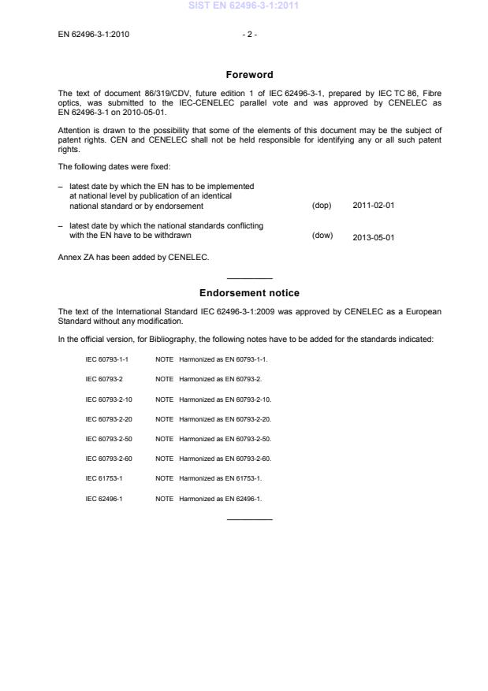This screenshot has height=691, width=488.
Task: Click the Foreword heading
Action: click(249, 75)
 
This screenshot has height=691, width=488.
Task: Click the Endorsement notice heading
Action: click(249, 293)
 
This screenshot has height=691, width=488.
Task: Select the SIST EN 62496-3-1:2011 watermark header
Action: click(244, 7)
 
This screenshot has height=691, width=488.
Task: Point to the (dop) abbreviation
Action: click(322, 206)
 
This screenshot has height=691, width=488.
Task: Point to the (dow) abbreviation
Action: click(322, 235)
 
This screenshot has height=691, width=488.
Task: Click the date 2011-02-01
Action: click(373, 206)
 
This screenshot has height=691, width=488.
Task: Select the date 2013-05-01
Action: click(373, 236)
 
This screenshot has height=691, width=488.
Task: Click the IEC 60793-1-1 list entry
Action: click(106, 359)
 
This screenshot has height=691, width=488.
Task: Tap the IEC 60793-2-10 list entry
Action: click(109, 399)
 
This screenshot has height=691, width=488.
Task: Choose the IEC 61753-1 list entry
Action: click(104, 479)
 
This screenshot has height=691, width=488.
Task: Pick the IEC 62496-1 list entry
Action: click(104, 499)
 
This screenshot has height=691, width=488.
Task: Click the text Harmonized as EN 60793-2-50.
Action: click(225, 439)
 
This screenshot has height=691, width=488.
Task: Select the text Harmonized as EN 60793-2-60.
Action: click(225, 459)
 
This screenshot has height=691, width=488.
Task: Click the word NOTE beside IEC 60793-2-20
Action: click(165, 419)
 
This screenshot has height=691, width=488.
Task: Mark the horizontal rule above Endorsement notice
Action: click(249, 278)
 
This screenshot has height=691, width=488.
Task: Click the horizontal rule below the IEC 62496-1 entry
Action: click(249, 518)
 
